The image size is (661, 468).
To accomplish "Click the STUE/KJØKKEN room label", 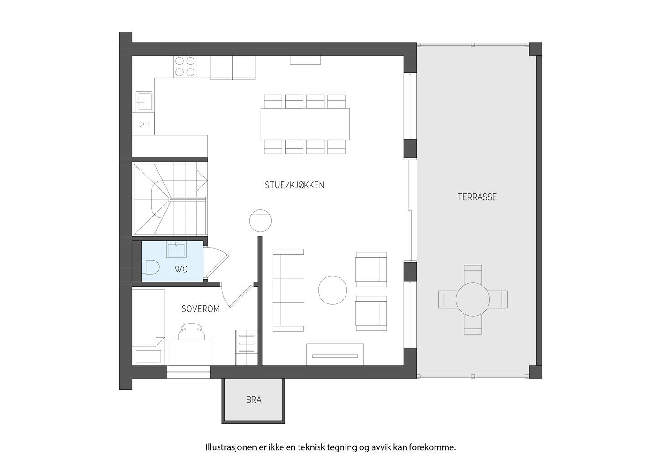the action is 294,185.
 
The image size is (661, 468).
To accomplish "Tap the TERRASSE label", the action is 477,197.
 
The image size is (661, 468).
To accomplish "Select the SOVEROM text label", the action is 201,309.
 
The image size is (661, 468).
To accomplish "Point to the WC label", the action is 181,270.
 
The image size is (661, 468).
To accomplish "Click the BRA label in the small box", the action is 254,400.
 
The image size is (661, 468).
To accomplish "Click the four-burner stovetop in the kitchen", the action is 185,67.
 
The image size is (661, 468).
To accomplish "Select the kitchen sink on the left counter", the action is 144,101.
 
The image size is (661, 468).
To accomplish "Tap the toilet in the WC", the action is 150,267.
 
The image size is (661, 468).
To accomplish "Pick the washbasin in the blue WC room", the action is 177,250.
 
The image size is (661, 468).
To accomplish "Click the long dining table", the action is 305,124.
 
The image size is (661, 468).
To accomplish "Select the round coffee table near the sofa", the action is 333,290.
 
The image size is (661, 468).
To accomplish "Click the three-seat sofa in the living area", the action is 288,290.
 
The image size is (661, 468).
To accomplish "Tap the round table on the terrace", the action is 473,300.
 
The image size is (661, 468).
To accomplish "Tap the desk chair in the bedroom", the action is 191,331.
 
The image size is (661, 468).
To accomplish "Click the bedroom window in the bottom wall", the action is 189,372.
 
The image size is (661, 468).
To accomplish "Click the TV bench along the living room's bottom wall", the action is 335,355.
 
